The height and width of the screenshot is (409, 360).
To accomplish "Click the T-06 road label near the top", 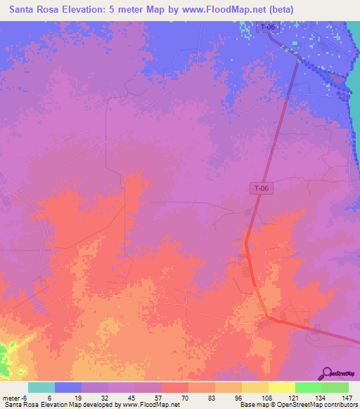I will pyautogui.click(x=266, y=27).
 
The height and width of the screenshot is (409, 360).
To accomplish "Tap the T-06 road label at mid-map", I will pyautogui.click(x=260, y=188).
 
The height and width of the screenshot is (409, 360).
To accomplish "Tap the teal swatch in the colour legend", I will pyautogui.click(x=41, y=387).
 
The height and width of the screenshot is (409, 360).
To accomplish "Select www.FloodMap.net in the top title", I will pyautogui.click(x=226, y=9).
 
